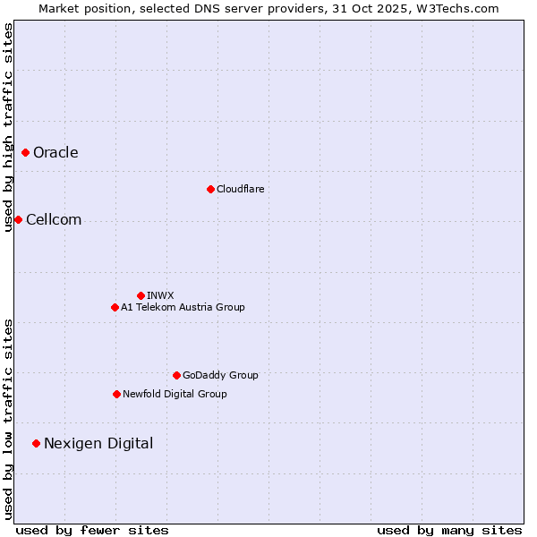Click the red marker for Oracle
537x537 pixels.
[x=25, y=152]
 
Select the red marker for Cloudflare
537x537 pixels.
[x=210, y=189]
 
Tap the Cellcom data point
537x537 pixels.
[x=18, y=219]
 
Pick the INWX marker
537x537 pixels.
[x=141, y=295]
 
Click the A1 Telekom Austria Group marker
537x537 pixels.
[x=115, y=307]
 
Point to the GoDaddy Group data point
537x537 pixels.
[x=176, y=375]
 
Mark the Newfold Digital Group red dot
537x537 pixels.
[x=116, y=394]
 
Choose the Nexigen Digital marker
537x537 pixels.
[x=36, y=443]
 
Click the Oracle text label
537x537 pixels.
[x=55, y=152]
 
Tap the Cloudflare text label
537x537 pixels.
[x=240, y=189]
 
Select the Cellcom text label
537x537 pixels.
[x=54, y=219]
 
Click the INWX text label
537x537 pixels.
[x=160, y=295]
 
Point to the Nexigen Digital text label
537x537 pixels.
[x=98, y=443]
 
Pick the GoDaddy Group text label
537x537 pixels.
[x=220, y=375]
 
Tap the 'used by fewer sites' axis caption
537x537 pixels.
[x=92, y=530]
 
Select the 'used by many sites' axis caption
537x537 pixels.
[x=449, y=530]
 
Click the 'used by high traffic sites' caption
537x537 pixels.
[x=8, y=127]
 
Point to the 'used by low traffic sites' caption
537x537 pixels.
[x=8, y=418]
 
